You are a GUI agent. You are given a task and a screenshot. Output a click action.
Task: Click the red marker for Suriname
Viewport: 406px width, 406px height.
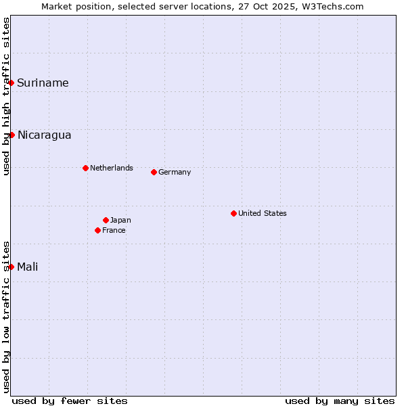coord(12,83)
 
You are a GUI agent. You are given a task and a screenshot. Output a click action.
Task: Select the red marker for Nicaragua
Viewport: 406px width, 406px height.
coord(12,135)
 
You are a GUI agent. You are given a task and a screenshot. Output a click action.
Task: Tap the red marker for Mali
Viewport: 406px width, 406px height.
coord(12,267)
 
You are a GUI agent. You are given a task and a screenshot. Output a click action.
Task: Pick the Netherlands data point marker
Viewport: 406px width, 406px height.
coord(85,168)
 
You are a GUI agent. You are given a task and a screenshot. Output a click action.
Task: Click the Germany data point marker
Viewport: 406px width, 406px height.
coord(154,172)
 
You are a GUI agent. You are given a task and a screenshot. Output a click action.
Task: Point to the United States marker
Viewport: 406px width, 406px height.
coord(233,213)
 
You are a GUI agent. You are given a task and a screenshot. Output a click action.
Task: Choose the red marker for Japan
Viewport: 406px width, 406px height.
coord(106,220)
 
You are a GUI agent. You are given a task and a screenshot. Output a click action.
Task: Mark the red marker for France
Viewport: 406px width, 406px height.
coord(97,230)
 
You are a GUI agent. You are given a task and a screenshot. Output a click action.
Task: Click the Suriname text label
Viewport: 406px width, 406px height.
coord(43,83)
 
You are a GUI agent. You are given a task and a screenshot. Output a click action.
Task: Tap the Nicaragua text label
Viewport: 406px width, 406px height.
coord(44,135)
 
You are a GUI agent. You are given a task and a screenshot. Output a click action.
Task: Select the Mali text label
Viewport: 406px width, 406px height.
coord(28,267)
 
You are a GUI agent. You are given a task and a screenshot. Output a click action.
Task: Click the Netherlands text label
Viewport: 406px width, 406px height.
coord(112,168)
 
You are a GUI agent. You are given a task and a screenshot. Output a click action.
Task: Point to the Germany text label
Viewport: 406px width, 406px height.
coord(175,172)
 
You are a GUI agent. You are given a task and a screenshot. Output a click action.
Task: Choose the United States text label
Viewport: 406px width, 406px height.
coord(263,213)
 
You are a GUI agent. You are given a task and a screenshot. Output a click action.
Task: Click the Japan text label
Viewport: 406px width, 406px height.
coord(120,220)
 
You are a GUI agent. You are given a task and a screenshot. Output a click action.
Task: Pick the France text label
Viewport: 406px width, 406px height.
coord(114,230)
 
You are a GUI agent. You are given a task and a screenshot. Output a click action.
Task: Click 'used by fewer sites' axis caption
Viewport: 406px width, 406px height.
coord(70,401)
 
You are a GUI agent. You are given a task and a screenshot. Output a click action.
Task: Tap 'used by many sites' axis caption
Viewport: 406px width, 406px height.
coord(340,401)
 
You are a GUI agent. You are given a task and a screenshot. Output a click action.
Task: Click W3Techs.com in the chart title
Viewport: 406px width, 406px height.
coord(331,6)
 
